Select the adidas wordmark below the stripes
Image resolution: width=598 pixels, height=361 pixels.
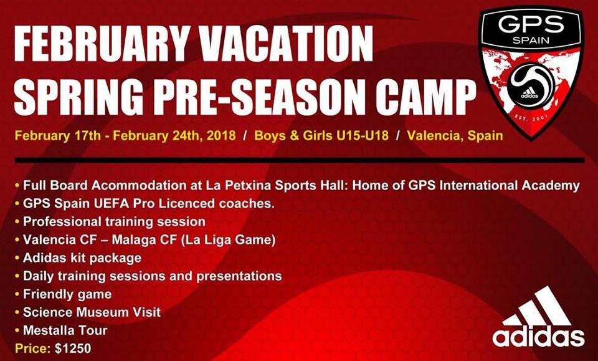(x=538, y=337)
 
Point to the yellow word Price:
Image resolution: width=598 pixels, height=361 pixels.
(x=31, y=348)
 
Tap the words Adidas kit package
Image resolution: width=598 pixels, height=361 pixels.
(x=82, y=258)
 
